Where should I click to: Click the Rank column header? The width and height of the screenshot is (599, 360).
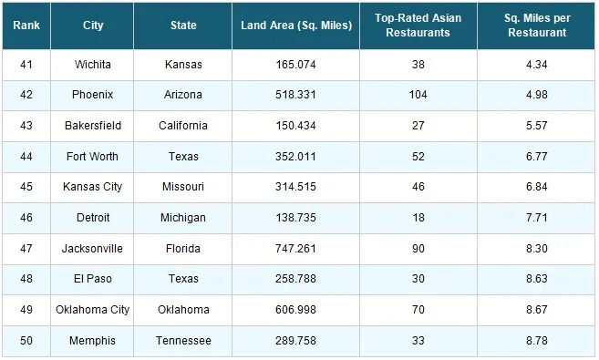pos(26,26)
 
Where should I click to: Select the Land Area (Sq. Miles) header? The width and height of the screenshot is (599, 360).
pos(296,26)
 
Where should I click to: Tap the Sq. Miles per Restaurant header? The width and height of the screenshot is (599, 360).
pos(537,26)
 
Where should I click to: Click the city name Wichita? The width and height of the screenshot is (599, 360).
pos(92,65)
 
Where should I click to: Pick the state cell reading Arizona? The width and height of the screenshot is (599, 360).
pos(183,95)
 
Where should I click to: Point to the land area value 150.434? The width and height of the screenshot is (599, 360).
pos(296,126)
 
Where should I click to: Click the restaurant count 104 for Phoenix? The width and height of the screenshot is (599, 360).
pos(418,95)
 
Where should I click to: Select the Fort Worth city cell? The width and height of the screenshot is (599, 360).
pos(92,157)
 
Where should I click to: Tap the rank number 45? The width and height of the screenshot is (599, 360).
pos(26,187)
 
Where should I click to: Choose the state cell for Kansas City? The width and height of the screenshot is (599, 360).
pos(183,187)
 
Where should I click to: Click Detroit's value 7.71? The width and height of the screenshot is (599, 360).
pos(537,218)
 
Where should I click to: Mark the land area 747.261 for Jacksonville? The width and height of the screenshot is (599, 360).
pos(296,249)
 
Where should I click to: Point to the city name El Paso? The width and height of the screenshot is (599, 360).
pos(92,279)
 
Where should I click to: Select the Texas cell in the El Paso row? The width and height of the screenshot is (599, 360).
pos(183,279)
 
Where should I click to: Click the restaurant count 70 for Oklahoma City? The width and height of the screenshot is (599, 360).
pos(418,310)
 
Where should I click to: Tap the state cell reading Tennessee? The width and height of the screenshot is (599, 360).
pos(183,341)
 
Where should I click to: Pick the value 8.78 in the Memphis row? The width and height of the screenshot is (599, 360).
pos(537,341)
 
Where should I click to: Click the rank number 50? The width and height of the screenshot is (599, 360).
pos(26,341)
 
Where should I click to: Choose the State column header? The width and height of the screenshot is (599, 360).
pos(183,26)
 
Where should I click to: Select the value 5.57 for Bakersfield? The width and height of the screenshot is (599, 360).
pos(537,126)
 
